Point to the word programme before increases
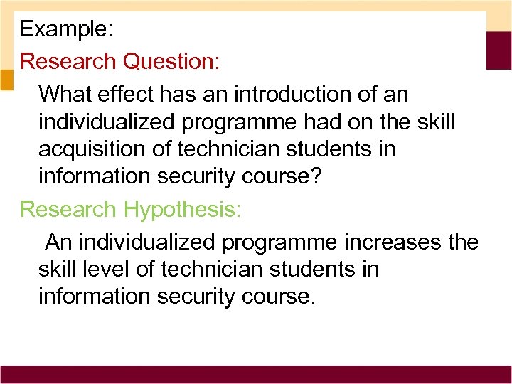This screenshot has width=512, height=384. click(278, 242)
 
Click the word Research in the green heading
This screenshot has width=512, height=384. click(69, 209)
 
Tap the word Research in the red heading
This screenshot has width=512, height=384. click(69, 61)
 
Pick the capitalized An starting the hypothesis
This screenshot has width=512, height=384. click(59, 242)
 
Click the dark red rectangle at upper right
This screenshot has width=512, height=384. click(498, 50)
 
